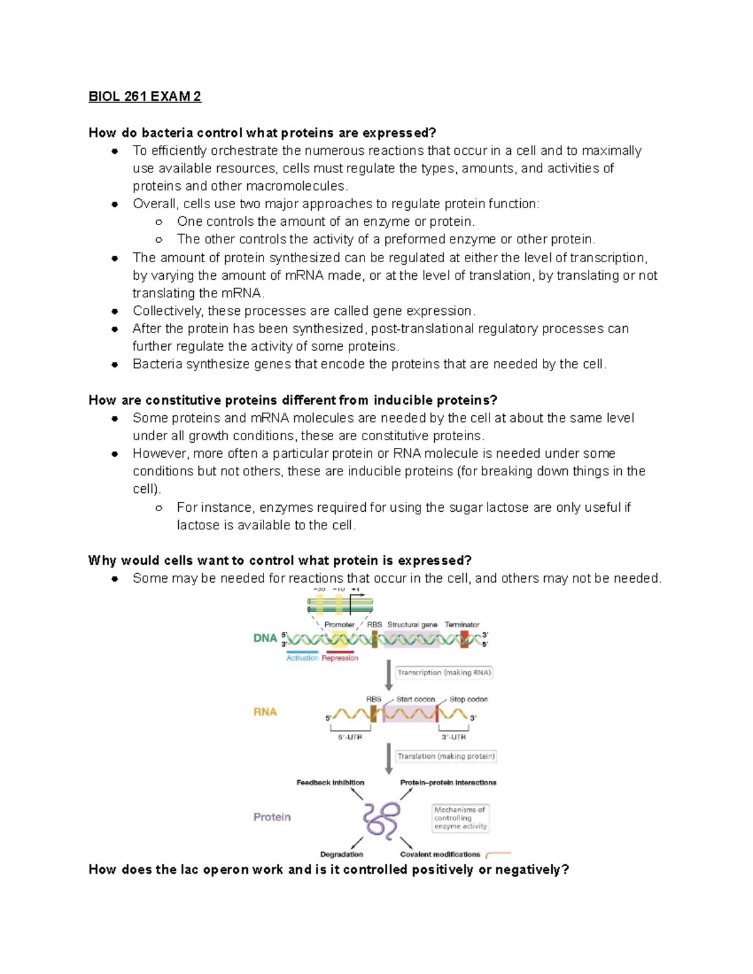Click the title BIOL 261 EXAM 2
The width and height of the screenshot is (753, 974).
point(145,97)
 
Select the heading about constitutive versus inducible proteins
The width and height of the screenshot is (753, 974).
point(292,400)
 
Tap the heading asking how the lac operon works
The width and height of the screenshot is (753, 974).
point(328,869)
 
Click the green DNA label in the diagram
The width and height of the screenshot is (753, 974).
point(265,638)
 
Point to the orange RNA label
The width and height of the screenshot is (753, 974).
point(265,712)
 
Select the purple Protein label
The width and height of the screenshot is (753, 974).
point(272,817)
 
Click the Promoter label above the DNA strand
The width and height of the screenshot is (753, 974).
point(339,625)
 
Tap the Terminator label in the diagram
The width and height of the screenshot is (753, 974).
point(462,625)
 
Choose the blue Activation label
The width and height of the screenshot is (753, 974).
point(302,658)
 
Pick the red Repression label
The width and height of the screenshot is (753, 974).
point(339,658)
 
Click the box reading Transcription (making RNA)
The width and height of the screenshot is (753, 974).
point(444,672)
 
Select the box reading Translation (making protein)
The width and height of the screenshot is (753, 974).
point(446,756)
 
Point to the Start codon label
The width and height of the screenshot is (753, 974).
point(415,699)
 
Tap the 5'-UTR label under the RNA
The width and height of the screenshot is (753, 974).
point(350,737)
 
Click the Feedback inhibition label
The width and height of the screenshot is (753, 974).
point(330,783)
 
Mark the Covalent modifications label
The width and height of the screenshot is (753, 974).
point(440,854)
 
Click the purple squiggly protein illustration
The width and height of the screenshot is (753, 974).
point(381,819)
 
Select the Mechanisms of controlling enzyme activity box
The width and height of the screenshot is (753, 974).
point(460,818)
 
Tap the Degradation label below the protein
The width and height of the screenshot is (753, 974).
point(341,854)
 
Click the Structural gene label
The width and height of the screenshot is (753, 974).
point(412,625)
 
